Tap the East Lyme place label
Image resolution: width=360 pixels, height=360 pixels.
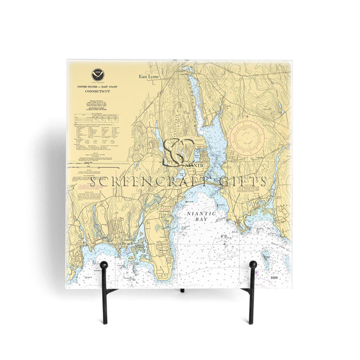148,77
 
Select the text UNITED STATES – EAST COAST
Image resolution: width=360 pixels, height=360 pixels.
97,88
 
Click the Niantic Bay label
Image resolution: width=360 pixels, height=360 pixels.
200,216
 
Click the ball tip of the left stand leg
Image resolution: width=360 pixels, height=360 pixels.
104,265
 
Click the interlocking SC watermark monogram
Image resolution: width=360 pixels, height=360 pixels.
178,151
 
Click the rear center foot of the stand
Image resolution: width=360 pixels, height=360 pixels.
181,290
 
